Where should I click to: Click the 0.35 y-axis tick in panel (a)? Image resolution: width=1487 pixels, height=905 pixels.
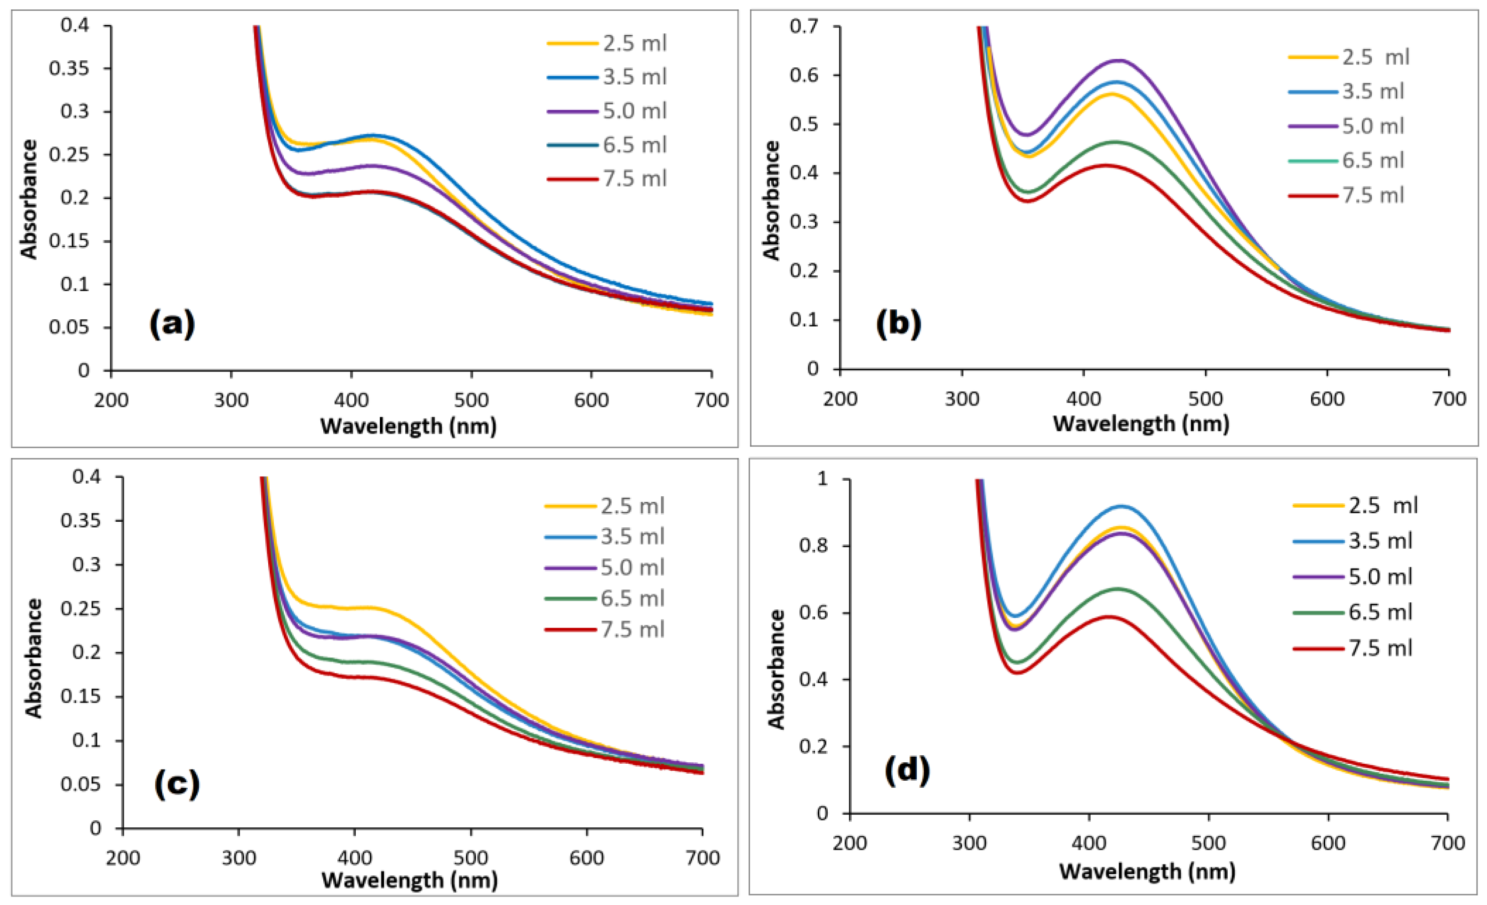click(x=68, y=68)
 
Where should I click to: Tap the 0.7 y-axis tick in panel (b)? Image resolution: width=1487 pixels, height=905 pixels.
click(x=804, y=26)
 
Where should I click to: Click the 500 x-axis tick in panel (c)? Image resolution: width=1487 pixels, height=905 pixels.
click(x=471, y=857)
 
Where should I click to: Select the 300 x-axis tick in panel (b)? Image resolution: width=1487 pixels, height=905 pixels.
click(x=962, y=398)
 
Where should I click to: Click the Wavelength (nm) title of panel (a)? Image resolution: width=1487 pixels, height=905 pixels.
click(x=408, y=426)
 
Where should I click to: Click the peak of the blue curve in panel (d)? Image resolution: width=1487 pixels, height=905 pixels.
click(x=1122, y=506)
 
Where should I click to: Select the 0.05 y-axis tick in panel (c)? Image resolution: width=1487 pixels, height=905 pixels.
click(x=80, y=784)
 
